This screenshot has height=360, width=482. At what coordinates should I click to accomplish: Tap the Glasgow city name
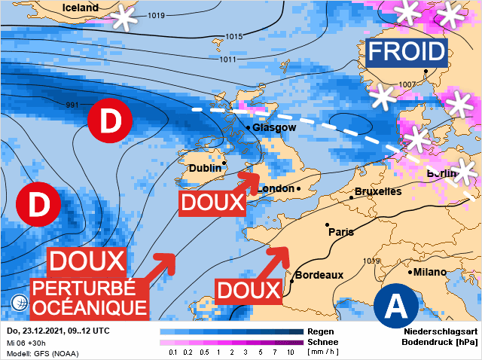coord(274,128)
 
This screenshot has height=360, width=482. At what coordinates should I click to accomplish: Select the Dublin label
coord(205,168)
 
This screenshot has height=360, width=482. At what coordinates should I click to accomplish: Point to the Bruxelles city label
coord(377,191)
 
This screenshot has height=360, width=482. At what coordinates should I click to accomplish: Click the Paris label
coord(341,232)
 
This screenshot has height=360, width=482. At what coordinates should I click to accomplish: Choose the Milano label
coord(430,272)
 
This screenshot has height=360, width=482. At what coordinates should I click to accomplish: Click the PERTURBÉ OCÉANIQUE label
coord(89,297)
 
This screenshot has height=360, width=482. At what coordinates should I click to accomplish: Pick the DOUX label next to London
coord(213,202)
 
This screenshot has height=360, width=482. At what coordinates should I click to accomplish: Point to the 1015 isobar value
coord(234,36)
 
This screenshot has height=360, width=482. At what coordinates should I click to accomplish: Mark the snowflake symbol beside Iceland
coord(125,17)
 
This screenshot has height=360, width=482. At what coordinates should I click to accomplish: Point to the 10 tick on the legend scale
coord(291,352)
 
